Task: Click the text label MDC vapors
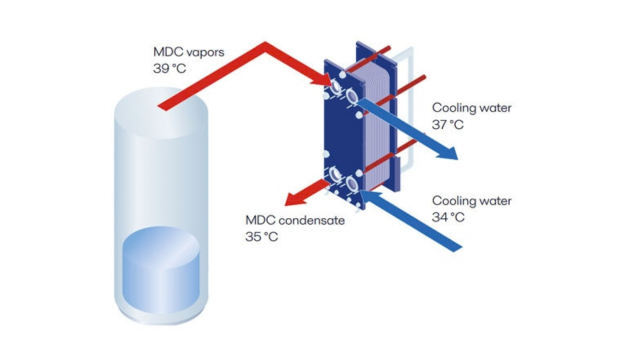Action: point(189,52)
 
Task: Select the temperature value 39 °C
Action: point(169,69)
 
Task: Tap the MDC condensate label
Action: point(295,220)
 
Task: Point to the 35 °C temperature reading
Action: point(261,237)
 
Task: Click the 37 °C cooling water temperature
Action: point(448,124)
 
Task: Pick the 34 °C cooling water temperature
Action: point(448,217)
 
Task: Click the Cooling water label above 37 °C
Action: point(471,108)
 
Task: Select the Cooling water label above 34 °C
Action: point(471,201)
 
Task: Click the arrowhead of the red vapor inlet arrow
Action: point(323,81)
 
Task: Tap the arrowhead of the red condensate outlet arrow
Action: point(294,200)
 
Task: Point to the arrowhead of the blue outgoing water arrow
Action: point(449,153)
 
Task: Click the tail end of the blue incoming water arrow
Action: point(456,248)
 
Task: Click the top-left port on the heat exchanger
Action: point(336,87)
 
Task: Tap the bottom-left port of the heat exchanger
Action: point(336,175)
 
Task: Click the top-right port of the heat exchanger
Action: point(352,96)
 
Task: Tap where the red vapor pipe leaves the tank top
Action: point(163,106)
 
